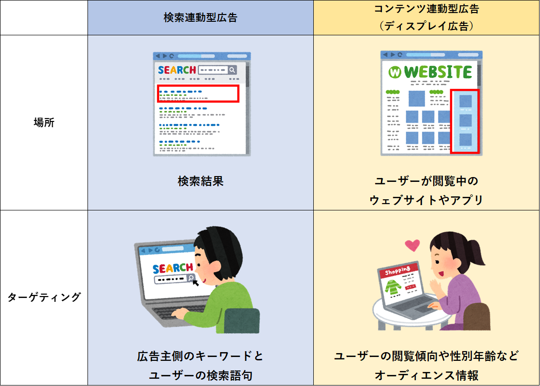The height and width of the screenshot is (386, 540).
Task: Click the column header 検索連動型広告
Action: click(201, 17)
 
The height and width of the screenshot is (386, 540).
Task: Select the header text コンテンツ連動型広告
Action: click(426, 9)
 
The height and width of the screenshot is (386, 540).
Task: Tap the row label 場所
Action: click(44, 122)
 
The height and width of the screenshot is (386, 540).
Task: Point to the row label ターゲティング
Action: click(44, 297)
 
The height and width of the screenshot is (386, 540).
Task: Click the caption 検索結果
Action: click(201, 181)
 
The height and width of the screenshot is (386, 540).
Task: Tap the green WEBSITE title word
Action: click(438, 72)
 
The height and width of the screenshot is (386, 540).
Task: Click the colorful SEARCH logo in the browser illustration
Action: click(176, 70)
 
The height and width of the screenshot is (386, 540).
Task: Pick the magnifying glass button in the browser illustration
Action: click(233, 70)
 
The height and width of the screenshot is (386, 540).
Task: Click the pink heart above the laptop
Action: click(412, 245)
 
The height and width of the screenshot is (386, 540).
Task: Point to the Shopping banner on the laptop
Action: click(398, 270)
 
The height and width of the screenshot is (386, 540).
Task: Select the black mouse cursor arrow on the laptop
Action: click(195, 282)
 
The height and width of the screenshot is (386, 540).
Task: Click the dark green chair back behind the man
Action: click(242, 321)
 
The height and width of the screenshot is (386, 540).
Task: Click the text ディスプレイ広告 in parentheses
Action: click(426, 26)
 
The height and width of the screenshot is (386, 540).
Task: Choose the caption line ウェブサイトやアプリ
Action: click(426, 200)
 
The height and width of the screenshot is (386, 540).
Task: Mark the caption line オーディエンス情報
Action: click(426, 375)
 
